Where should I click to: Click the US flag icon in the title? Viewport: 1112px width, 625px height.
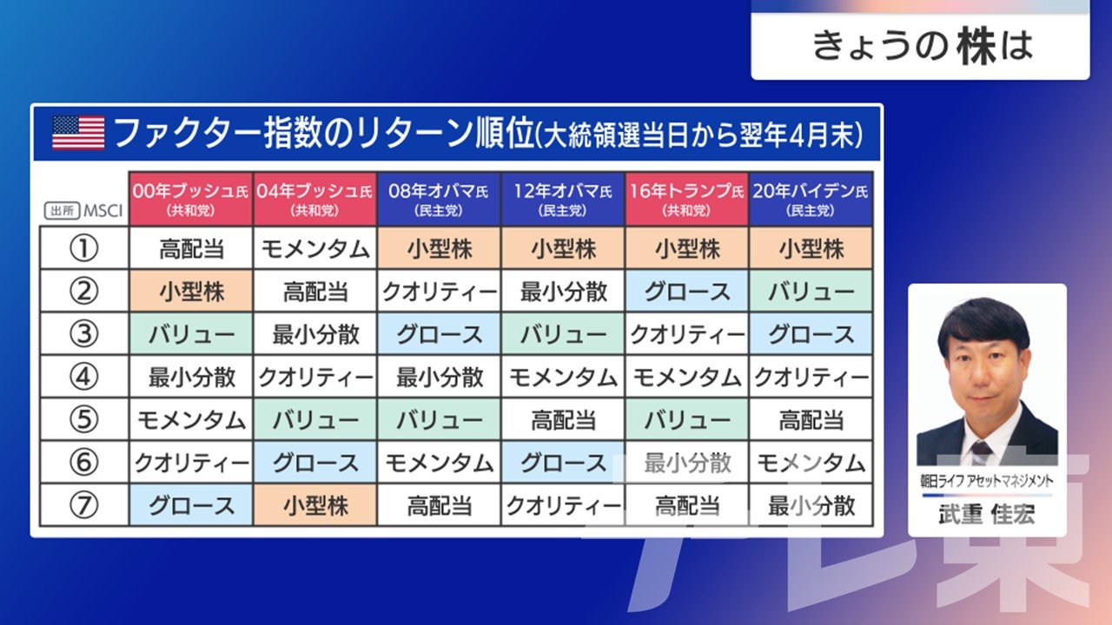(78, 133)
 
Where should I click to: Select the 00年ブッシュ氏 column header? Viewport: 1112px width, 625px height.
(190, 199)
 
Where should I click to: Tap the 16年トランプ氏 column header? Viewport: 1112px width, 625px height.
(686, 199)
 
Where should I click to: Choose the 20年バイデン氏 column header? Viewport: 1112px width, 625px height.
(811, 199)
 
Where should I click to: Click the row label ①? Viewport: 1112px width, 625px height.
(83, 248)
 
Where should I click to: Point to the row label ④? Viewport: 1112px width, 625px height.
(83, 377)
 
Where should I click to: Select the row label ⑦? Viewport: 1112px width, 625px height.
(83, 505)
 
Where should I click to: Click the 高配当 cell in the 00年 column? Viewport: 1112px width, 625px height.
(191, 248)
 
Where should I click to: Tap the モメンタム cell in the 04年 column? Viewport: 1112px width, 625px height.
(314, 248)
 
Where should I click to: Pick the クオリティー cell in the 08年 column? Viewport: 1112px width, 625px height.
(439, 292)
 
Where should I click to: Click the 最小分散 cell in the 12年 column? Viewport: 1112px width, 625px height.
(563, 292)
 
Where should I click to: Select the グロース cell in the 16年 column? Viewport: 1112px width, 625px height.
(687, 292)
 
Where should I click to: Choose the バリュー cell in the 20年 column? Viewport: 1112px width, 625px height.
(811, 292)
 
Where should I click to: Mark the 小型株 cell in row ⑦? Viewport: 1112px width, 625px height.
(314, 505)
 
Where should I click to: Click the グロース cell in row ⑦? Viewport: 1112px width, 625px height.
(191, 505)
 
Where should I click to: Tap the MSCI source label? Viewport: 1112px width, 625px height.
(103, 211)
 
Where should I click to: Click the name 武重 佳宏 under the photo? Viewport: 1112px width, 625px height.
(987, 515)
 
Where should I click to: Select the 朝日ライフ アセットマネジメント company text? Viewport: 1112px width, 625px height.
(987, 481)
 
